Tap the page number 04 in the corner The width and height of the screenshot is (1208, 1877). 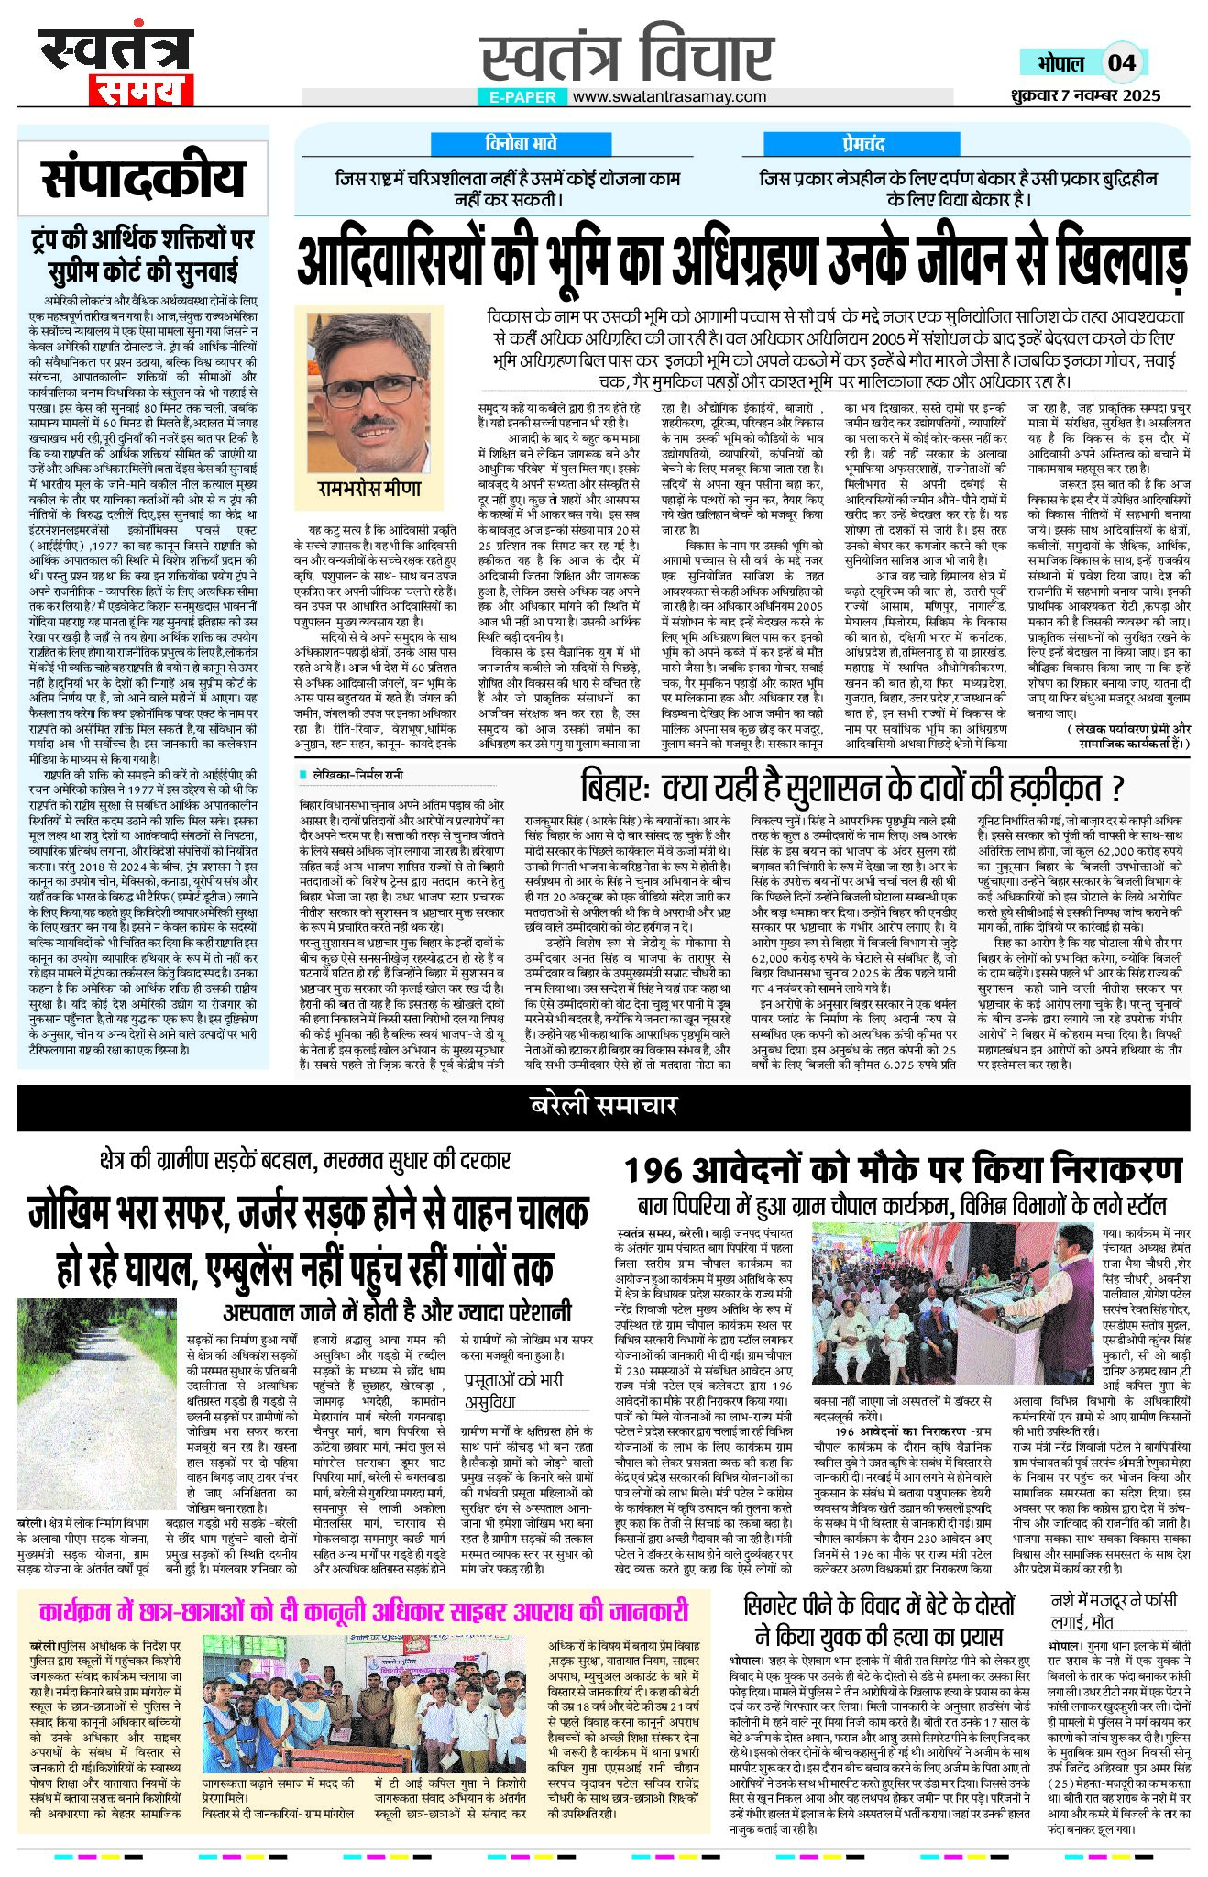click(x=1121, y=62)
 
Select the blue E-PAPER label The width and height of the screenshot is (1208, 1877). click(x=523, y=96)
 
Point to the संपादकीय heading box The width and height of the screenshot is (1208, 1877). click(x=143, y=178)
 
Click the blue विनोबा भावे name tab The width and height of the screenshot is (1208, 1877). click(x=521, y=144)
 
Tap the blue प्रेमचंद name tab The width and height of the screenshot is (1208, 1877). click(x=864, y=144)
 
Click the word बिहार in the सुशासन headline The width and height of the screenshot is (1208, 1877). click(x=613, y=789)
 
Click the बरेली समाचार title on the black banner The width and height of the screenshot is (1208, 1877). click(x=603, y=1106)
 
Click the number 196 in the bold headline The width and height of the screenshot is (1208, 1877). click(x=657, y=1171)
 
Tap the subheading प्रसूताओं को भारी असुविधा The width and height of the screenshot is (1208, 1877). click(x=512, y=1390)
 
